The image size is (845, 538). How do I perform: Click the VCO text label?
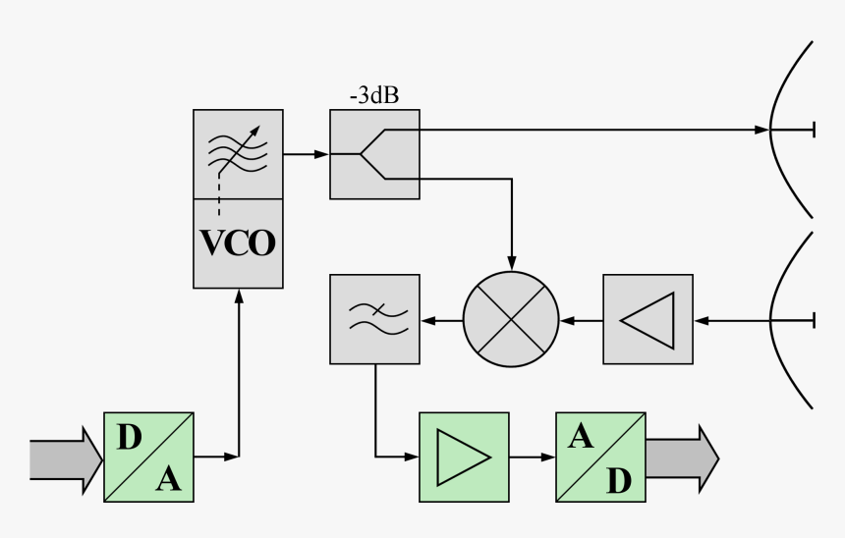(238, 242)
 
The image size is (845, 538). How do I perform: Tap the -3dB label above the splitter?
(373, 96)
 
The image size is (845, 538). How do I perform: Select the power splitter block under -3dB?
(374, 154)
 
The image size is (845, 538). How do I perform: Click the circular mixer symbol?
(511, 320)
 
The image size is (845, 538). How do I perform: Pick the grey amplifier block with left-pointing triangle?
(648, 320)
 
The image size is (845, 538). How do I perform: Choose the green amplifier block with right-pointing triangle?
(464, 457)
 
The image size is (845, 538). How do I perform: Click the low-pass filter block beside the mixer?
(374, 320)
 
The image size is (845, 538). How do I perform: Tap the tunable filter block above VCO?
(238, 153)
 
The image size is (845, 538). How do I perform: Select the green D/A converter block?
(148, 457)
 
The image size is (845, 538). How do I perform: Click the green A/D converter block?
(600, 457)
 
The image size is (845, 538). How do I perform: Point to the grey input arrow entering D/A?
(65, 457)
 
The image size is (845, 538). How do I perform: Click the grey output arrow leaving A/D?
(681, 457)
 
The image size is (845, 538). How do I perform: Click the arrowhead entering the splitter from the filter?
(321, 154)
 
